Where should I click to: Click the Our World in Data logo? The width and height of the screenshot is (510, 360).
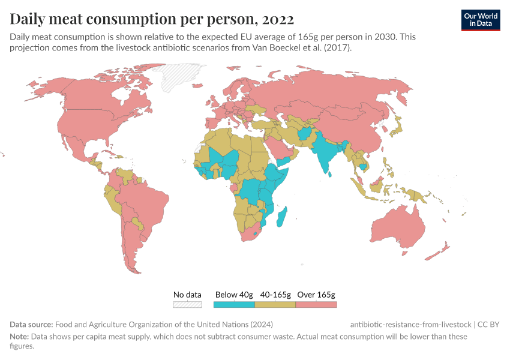481,20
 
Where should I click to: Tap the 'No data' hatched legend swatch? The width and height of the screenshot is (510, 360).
187,304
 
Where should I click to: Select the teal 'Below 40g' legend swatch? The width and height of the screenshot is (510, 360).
234,304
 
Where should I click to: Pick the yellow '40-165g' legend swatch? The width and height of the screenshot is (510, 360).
275,304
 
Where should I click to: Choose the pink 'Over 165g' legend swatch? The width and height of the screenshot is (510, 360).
316,304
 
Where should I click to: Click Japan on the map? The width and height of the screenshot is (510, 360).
396,128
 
